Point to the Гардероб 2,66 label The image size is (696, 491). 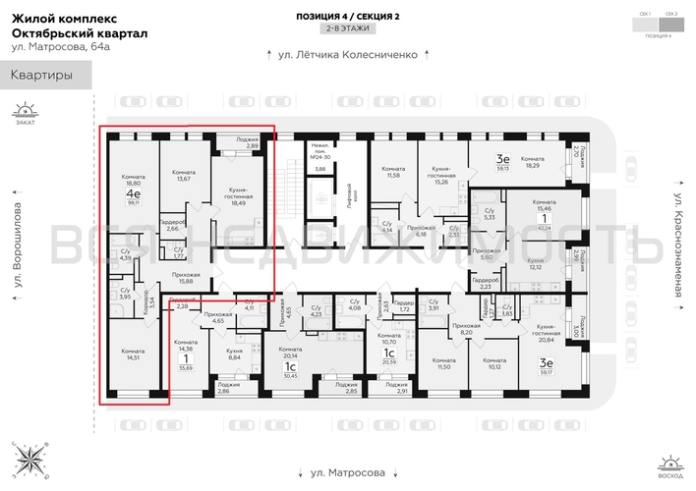coord(171,225)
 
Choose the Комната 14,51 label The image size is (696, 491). coord(132,354)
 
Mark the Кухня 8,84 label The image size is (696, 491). coord(235,354)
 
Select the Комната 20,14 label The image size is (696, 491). coord(289,354)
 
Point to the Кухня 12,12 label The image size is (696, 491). coord(535,265)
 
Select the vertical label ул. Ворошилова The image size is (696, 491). coord(18,247)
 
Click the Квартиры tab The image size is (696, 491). coord(41,75)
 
